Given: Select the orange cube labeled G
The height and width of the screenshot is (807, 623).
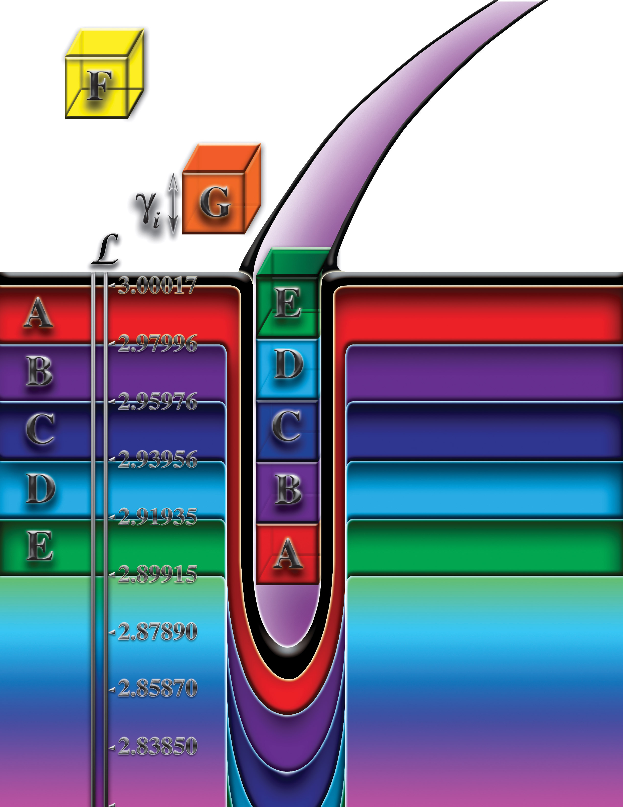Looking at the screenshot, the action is pyautogui.click(x=221, y=189).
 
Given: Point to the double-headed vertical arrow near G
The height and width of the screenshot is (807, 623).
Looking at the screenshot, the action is pyautogui.click(x=173, y=204).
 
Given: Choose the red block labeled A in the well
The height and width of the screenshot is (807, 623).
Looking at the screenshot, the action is pyautogui.click(x=287, y=553).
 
